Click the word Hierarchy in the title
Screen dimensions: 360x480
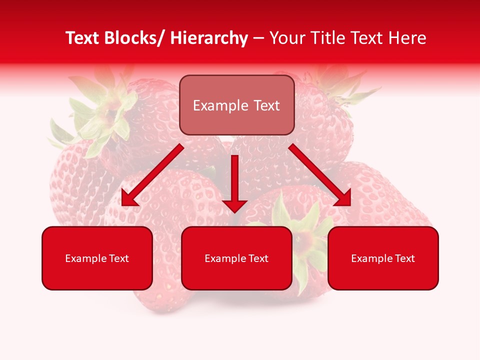pyautogui.click(x=209, y=38)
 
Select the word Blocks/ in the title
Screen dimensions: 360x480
pyautogui.click(x=137, y=38)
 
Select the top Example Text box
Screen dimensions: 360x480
pyautogui.click(x=236, y=105)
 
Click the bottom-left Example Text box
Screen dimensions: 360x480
pyautogui.click(x=97, y=258)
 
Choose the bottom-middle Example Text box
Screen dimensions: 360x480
pyautogui.click(x=236, y=258)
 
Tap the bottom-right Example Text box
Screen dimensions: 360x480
pyautogui.click(x=383, y=258)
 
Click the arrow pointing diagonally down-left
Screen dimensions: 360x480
pyautogui.click(x=152, y=175)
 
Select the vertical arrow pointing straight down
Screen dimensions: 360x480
pyautogui.click(x=234, y=182)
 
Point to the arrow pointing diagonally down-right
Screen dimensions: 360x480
pyautogui.click(x=320, y=175)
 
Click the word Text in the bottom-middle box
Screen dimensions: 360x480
pyautogui.click(x=258, y=258)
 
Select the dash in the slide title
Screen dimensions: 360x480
pyautogui.click(x=258, y=38)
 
